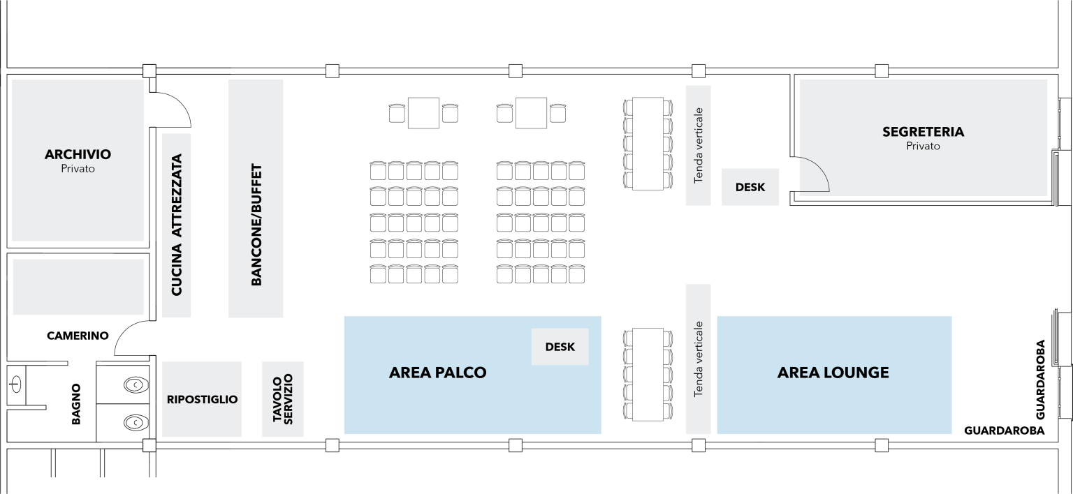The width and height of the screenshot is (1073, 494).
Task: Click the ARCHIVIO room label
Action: point(78,154)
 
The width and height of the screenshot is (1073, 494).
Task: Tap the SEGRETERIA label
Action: point(923,132)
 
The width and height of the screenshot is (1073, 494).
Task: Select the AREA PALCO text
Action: point(437,373)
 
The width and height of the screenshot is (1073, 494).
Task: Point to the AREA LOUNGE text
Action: point(833,373)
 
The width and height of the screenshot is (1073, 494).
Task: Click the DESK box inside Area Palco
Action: point(560,347)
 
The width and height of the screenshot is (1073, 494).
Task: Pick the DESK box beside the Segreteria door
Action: point(750,187)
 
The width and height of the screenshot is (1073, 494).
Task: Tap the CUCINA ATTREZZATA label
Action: point(176,225)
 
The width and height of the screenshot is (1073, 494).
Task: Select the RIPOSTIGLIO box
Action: point(202,400)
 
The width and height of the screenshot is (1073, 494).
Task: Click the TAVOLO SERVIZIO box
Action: point(283,399)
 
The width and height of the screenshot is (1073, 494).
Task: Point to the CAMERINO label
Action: point(78,336)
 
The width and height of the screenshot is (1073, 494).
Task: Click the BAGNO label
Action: point(77,404)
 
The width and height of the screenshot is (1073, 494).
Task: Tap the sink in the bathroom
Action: point(17,382)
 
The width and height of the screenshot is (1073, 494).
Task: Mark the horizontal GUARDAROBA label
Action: point(1004,431)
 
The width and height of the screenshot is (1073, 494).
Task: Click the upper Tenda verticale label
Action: point(698,145)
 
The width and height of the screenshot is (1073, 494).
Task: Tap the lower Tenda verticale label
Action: point(698,359)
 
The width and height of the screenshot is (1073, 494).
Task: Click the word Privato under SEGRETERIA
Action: point(923,147)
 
